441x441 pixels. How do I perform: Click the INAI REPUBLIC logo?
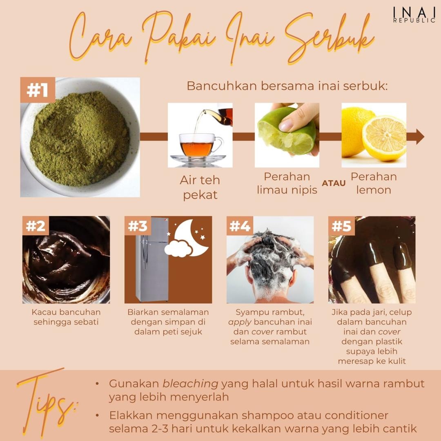point(414,15)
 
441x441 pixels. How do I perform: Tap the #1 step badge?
point(38,90)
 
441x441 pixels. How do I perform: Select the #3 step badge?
point(137,225)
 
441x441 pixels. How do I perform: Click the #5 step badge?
point(341,225)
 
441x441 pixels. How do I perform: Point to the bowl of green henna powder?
point(80,138)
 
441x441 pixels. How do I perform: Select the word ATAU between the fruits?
point(334,183)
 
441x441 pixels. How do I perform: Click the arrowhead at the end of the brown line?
point(420,137)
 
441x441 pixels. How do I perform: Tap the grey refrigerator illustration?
point(152,259)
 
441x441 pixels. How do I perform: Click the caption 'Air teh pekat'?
point(200,187)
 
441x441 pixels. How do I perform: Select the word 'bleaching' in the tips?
point(190,383)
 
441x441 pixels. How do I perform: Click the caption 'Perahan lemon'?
point(374,183)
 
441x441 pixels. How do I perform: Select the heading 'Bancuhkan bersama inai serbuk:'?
point(287,86)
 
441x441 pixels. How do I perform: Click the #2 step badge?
point(36,225)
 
